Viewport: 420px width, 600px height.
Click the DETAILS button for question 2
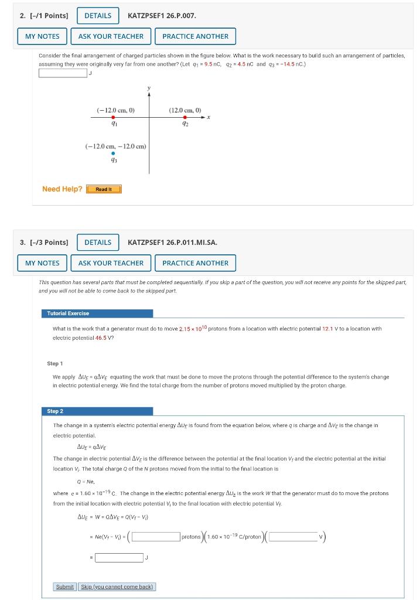click(98, 15)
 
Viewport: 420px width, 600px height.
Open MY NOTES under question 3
click(42, 263)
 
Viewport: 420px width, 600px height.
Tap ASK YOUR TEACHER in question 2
click(111, 36)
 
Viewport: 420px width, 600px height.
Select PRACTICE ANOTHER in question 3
click(195, 263)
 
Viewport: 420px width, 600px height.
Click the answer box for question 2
click(63, 73)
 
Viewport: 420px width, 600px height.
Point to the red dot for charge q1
click(113, 117)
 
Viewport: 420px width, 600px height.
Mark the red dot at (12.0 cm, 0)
click(185, 117)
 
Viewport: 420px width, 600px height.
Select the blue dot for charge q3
click(113, 154)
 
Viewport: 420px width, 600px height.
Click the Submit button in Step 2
click(64, 587)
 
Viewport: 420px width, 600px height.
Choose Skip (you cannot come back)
click(117, 587)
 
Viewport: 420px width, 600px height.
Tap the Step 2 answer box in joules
click(119, 558)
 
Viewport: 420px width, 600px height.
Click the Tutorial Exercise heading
click(68, 313)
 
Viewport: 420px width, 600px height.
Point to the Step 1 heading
click(55, 364)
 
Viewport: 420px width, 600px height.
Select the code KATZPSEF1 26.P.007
click(162, 15)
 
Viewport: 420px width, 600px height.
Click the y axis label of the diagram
click(149, 88)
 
